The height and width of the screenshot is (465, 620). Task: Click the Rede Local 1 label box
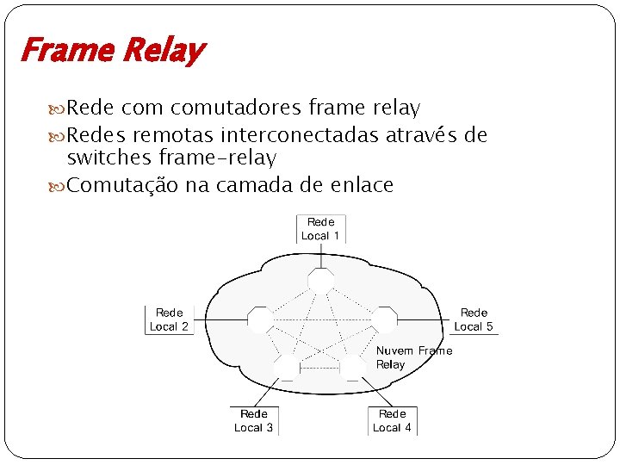click(320, 229)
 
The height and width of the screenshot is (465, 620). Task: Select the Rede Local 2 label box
click(169, 319)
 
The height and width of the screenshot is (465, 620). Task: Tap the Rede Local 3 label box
click(254, 421)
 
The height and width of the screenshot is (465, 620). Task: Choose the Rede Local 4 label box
click(392, 421)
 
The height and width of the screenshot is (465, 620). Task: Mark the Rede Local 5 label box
click(474, 319)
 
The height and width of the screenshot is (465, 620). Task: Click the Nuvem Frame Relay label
click(414, 357)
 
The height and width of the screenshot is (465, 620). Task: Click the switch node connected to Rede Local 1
click(320, 280)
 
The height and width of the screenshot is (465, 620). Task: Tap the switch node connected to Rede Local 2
click(259, 319)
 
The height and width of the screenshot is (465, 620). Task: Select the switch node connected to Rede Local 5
click(383, 319)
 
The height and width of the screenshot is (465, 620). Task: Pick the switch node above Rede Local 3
click(286, 369)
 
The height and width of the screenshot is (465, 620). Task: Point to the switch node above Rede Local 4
click(351, 369)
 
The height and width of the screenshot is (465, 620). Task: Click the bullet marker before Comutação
click(59, 184)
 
